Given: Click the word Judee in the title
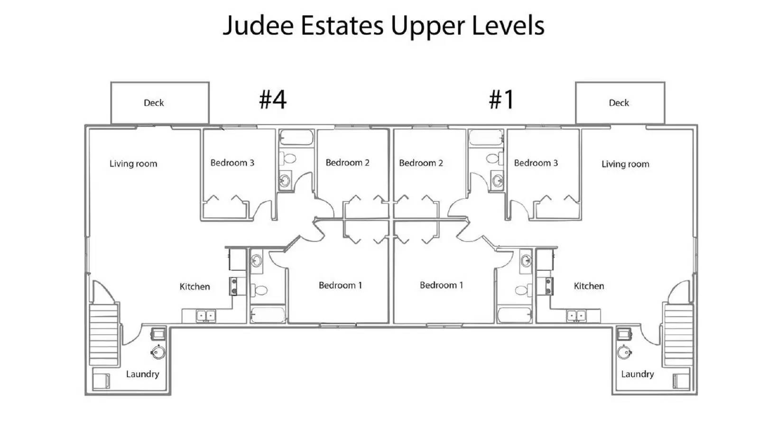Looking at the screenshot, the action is [x=258, y=26].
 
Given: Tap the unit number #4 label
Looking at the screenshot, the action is [x=273, y=99].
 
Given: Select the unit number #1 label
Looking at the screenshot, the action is [x=501, y=99].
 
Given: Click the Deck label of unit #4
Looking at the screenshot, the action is [x=154, y=103].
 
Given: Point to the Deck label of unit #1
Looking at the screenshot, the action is [x=619, y=103].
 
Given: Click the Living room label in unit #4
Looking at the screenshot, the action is [x=133, y=164].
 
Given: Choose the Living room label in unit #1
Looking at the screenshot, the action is [x=626, y=164].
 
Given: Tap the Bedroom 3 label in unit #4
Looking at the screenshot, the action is [x=232, y=163].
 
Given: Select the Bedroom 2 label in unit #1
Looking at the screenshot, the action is [x=421, y=163].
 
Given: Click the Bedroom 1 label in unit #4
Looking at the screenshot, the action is [x=340, y=285].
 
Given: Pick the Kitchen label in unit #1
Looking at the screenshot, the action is [x=589, y=286].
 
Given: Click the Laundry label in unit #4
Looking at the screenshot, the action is [x=143, y=374].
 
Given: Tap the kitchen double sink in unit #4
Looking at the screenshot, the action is [x=206, y=316].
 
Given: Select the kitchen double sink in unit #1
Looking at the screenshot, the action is [x=576, y=316].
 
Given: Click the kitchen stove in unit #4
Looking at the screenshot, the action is [x=233, y=286].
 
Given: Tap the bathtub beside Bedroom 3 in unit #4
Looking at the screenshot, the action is [x=296, y=138].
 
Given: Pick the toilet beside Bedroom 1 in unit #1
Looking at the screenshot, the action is [x=523, y=290].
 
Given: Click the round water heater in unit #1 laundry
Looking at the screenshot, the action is [x=624, y=352].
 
